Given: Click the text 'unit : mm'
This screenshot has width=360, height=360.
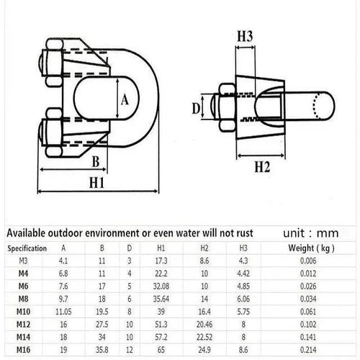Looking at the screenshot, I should pos(310,234).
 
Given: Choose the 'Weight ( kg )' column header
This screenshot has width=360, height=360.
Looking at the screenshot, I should pos(313,248).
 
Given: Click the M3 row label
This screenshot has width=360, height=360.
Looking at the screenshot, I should pos(24,260).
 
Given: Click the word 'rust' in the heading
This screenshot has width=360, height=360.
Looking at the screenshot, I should pos(259,234).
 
